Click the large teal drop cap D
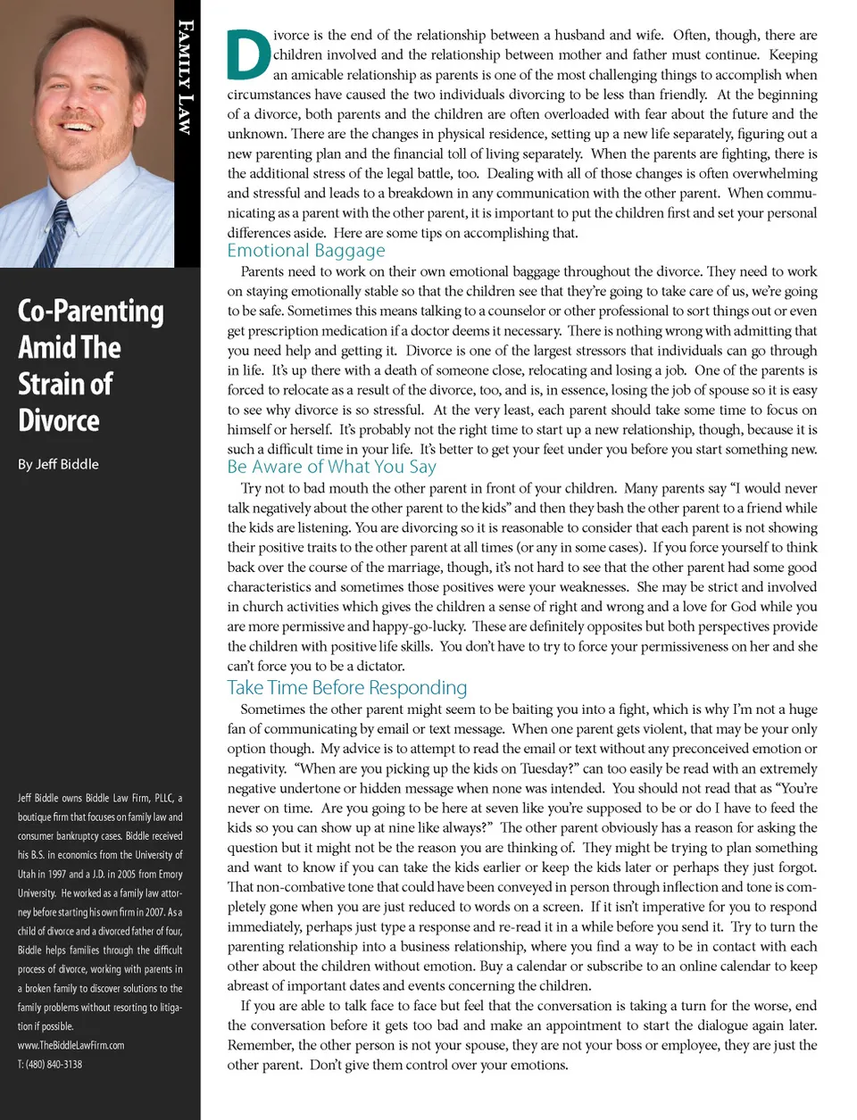pos(248,55)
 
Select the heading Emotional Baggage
pos(305,251)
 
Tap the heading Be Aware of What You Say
pos(331,467)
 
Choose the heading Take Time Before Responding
pos(346,688)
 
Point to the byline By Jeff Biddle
pos(58,464)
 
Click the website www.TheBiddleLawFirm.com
pos(71,1045)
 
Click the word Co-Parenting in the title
pos(90,311)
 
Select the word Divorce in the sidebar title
pos(59,420)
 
